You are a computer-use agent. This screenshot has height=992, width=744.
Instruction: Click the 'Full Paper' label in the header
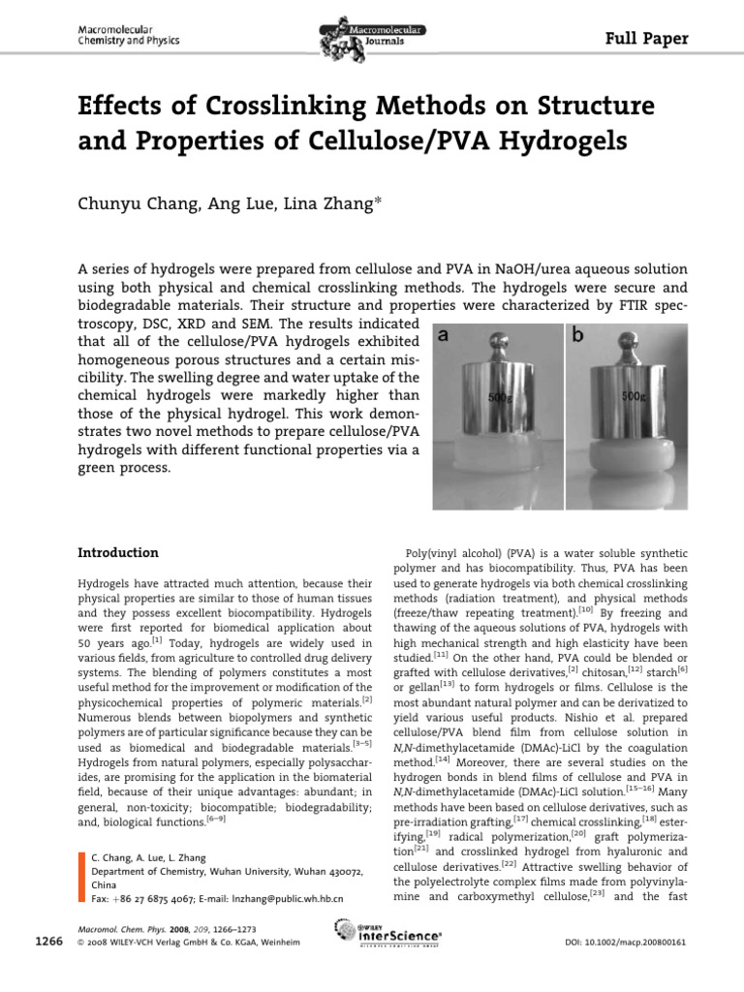646,39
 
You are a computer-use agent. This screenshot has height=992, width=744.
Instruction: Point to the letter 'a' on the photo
442,336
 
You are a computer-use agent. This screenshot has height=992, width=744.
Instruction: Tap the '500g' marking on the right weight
635,396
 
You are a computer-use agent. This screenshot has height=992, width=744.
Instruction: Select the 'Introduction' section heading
117,553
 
